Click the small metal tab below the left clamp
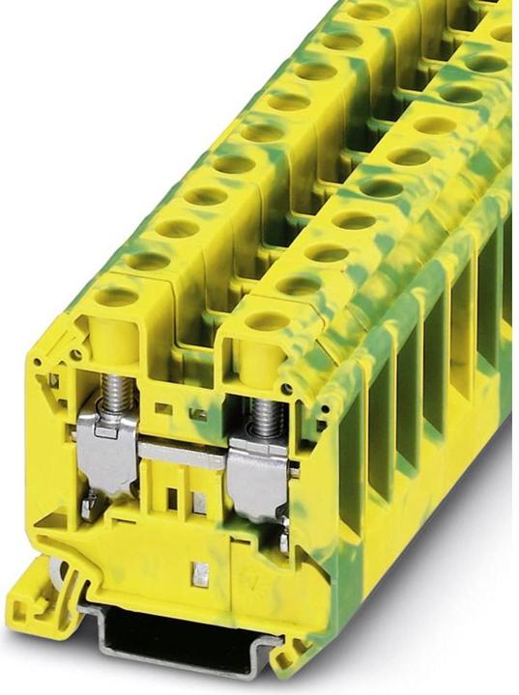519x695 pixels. (x=88, y=500)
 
